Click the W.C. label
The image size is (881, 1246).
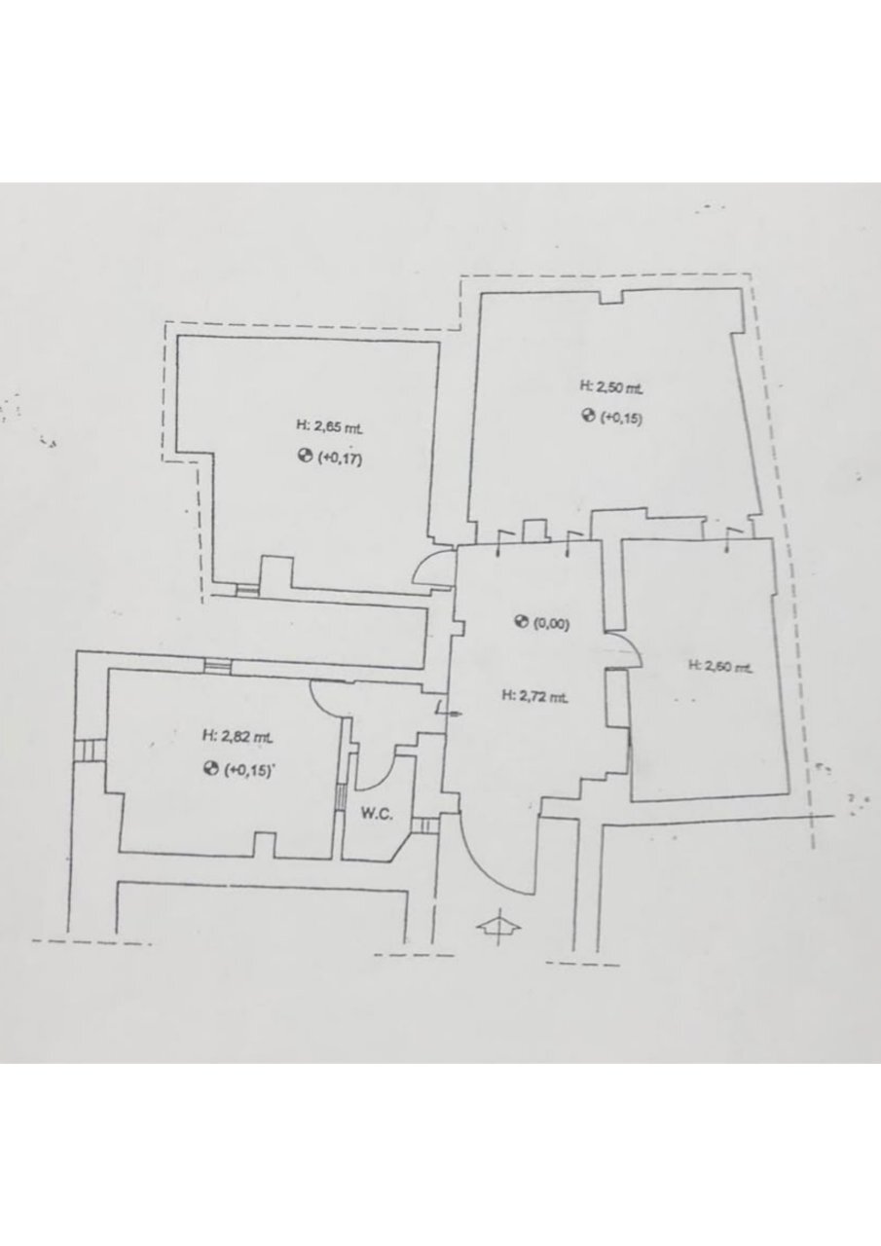click(377, 815)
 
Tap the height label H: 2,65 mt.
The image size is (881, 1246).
click(329, 427)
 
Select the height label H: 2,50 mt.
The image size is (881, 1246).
click(611, 387)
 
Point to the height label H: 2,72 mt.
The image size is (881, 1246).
click(534, 696)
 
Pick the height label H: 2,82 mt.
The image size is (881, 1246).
click(237, 737)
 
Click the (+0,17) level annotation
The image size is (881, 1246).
click(340, 458)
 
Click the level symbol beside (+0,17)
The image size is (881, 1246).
click(305, 458)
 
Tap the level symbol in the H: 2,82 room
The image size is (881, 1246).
click(210, 770)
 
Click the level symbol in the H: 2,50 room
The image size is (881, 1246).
click(588, 416)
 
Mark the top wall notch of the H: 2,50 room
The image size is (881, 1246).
click(611, 297)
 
